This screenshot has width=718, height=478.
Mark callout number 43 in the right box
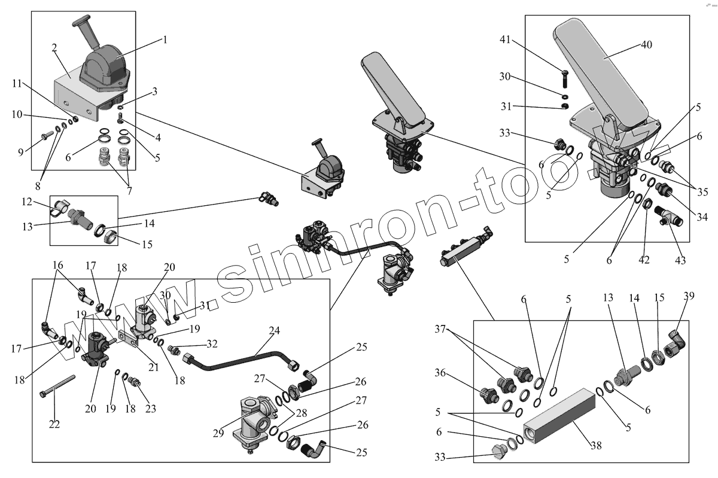(x=680, y=260)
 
